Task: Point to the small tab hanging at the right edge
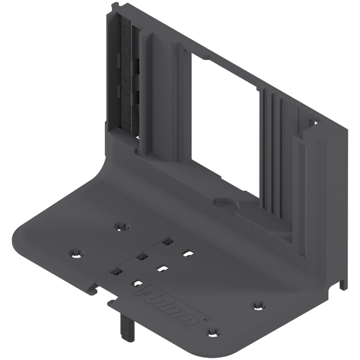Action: point(342,283)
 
